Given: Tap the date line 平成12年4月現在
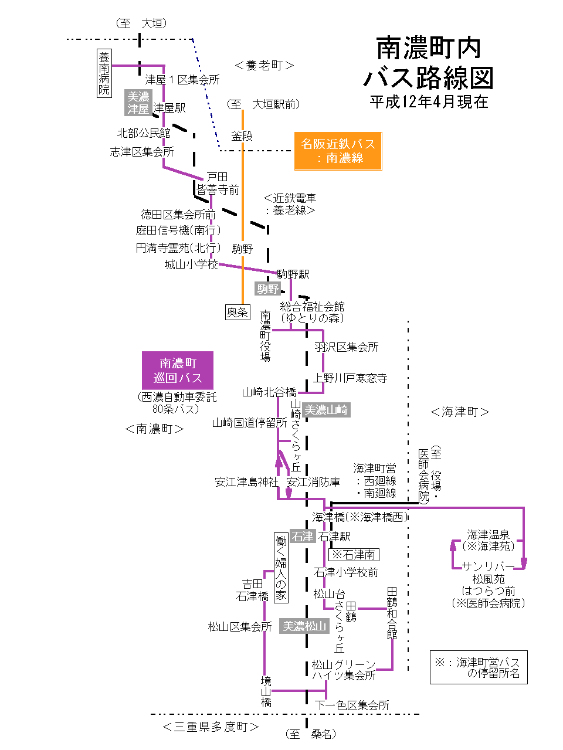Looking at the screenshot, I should click(x=429, y=102).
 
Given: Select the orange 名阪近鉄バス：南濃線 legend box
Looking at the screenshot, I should click(x=337, y=151).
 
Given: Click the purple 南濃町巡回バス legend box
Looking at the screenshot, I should click(x=178, y=371).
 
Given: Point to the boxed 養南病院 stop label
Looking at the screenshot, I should click(x=104, y=73).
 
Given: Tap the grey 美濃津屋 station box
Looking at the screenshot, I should click(x=138, y=103).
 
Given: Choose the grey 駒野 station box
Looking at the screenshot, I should click(x=267, y=289).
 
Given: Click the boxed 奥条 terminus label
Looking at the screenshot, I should click(x=238, y=312).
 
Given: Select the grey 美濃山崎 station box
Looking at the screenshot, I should click(x=327, y=410).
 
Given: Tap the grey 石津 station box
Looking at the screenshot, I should click(x=303, y=537).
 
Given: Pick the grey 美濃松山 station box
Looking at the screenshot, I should click(x=304, y=626).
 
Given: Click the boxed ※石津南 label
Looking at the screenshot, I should click(x=354, y=554).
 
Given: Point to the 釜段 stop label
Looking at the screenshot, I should click(x=242, y=136).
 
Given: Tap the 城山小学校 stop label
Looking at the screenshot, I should click(x=191, y=264).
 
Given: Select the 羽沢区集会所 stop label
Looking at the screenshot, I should click(x=347, y=347).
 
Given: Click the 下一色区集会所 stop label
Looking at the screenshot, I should click(x=352, y=705).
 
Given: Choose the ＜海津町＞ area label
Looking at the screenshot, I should click(x=460, y=412).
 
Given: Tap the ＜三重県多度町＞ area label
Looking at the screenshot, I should click(x=211, y=727).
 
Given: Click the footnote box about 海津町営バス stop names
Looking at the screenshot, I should click(x=479, y=667).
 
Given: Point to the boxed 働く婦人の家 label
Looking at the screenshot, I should click(x=281, y=568).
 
